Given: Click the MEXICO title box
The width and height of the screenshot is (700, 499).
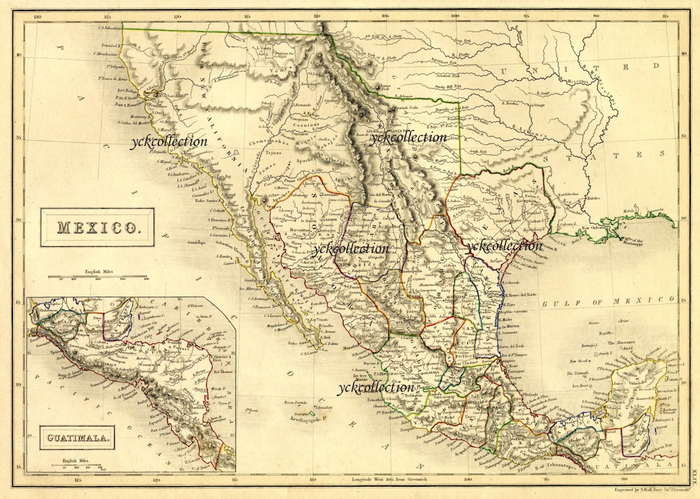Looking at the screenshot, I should pyautogui.click(x=97, y=227).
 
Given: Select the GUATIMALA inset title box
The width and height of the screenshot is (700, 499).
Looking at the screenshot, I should pyautogui.click(x=76, y=437).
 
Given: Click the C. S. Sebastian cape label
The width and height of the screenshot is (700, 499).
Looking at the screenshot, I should pyautogui.click(x=110, y=27).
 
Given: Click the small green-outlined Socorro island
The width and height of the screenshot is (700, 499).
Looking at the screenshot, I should pyautogui.click(x=311, y=413).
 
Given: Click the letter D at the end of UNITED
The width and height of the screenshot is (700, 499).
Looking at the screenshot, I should pyautogui.click(x=657, y=66).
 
